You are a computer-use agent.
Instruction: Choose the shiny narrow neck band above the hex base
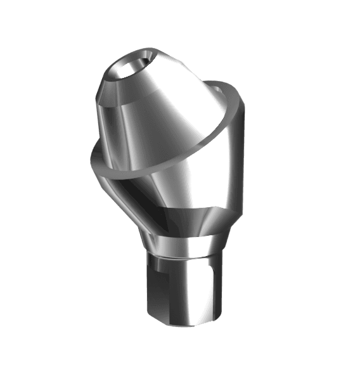click(x=184, y=244)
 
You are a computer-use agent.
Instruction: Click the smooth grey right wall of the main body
click(x=231, y=165)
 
